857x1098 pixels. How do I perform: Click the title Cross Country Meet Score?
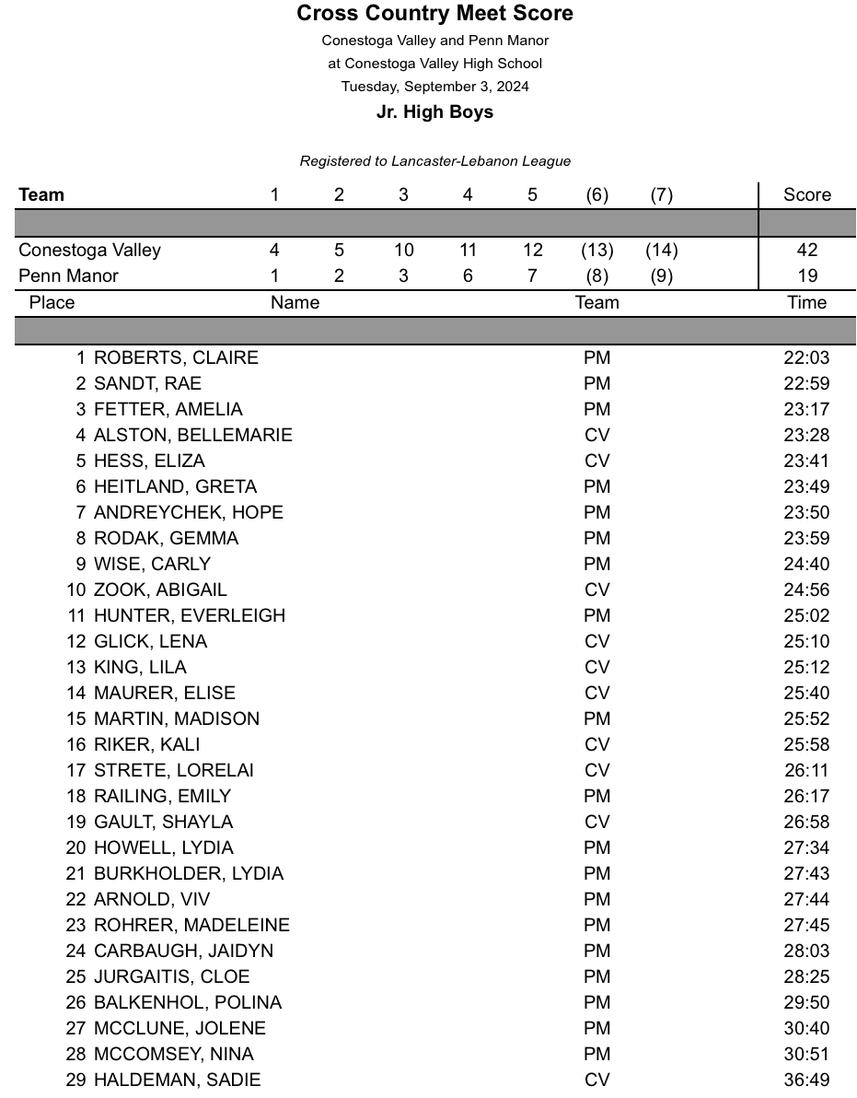tap(434, 14)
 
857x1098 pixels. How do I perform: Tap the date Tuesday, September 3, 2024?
tap(434, 87)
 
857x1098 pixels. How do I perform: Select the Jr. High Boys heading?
tap(434, 112)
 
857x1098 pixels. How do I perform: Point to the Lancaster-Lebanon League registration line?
tap(434, 161)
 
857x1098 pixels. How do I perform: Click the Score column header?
tap(806, 194)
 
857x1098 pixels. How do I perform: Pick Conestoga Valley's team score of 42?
tap(807, 250)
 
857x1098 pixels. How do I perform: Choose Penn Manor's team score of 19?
tap(807, 275)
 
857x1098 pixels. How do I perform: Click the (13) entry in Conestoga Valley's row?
tap(596, 250)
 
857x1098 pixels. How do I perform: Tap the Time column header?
tap(806, 302)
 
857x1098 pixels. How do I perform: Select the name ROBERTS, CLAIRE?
tap(176, 357)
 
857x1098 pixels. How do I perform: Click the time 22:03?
tap(806, 357)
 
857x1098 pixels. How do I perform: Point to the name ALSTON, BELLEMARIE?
tap(192, 435)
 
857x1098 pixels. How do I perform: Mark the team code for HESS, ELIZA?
tap(596, 461)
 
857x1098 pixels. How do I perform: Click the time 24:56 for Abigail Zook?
tap(806, 590)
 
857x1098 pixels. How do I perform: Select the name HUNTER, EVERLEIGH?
tap(190, 615)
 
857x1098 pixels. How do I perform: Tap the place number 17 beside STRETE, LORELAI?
tap(76, 770)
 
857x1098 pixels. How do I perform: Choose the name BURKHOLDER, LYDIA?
tap(189, 873)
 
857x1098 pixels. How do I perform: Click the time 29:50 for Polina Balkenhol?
tap(806, 1002)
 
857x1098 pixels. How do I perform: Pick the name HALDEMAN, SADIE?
tap(177, 1080)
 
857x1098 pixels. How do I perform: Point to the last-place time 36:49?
tap(806, 1080)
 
